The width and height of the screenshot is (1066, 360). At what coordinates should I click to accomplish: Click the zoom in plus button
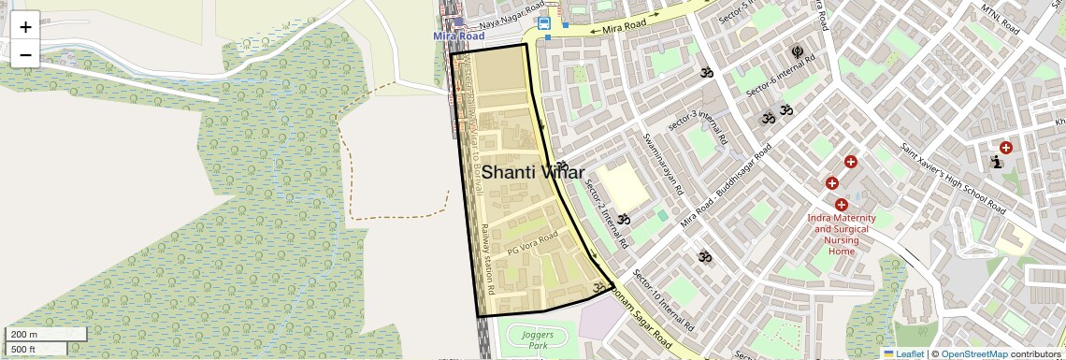click(x=25, y=26)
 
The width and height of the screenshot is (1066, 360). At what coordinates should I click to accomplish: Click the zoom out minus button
click(x=25, y=54)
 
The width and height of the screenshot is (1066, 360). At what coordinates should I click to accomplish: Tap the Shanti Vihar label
click(x=533, y=173)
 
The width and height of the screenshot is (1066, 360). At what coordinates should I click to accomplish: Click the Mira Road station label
click(x=459, y=36)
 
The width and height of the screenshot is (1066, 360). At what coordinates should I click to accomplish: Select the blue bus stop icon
click(x=544, y=23)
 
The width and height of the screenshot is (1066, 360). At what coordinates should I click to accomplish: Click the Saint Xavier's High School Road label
click(x=953, y=177)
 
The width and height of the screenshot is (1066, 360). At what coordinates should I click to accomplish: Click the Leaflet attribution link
click(x=903, y=354)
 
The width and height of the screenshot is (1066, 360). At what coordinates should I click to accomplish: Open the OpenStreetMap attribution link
click(x=973, y=354)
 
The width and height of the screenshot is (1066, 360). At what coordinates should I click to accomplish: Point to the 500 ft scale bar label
click(x=24, y=350)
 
